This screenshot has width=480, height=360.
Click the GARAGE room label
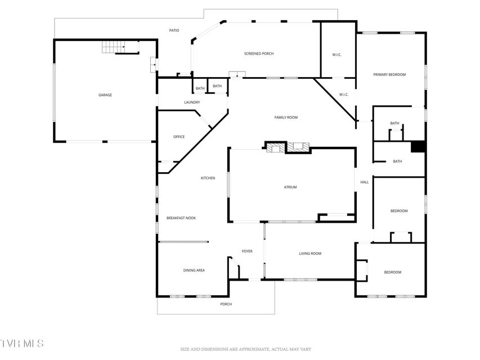[x=105, y=95]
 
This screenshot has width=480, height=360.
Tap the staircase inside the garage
[x=114, y=47]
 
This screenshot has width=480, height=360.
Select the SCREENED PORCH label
[x=259, y=53]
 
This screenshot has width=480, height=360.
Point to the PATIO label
[x=174, y=30]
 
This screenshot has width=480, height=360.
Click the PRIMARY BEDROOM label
[x=389, y=74]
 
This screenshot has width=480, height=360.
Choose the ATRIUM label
[x=290, y=187]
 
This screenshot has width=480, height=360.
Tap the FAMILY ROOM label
[x=286, y=117]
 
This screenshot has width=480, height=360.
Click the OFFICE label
[x=179, y=137]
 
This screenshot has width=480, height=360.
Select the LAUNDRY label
[x=192, y=102]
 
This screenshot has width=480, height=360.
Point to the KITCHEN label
[x=208, y=178]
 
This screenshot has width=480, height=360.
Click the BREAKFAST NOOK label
[x=181, y=218]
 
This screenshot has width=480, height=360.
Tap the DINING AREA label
[x=194, y=271]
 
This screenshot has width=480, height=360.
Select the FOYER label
[x=247, y=251]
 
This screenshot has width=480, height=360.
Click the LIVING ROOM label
[x=310, y=254]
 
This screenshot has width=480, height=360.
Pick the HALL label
[x=364, y=182]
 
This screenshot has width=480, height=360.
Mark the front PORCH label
[x=226, y=304]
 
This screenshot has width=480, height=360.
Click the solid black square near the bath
[x=418, y=146]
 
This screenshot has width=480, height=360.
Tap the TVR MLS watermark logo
[x=22, y=343]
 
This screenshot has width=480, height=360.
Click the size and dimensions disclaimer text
[x=245, y=349]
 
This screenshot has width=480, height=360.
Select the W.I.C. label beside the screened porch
[x=337, y=55]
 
